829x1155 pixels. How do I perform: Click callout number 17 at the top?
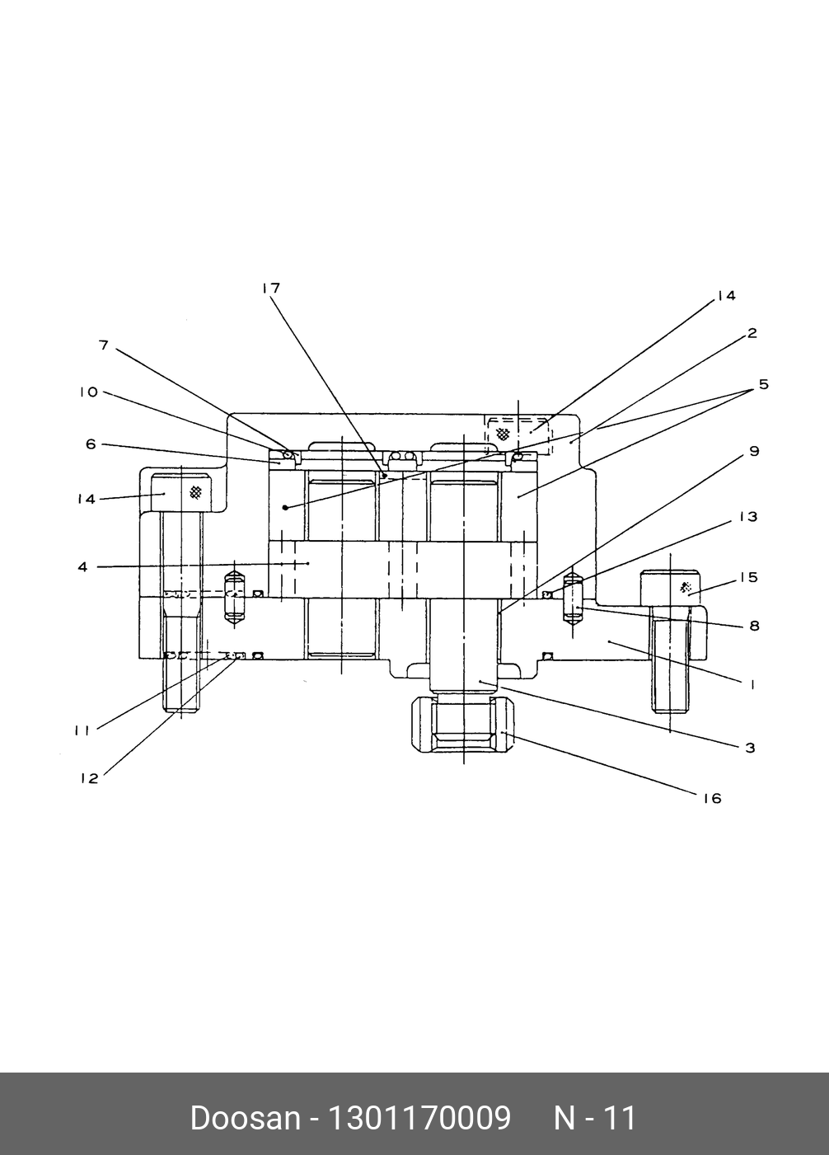271,289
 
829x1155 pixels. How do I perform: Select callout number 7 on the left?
104,345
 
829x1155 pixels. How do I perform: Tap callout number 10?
88,392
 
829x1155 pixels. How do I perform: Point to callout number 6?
91,444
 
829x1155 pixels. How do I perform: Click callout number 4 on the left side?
82,567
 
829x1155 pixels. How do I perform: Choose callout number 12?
89,778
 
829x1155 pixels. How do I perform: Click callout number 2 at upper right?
752,334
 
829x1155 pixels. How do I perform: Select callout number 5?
763,385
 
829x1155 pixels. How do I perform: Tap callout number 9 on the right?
753,452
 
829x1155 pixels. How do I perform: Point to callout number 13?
747,517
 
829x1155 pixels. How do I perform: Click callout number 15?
747,577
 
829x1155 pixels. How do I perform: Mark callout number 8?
753,626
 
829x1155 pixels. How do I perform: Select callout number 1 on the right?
752,683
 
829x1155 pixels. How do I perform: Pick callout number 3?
750,748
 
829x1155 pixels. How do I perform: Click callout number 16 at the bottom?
712,798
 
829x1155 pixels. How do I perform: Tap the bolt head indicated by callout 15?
671,589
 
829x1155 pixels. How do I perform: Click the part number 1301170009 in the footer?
419,1119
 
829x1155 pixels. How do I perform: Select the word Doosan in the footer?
245,1119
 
